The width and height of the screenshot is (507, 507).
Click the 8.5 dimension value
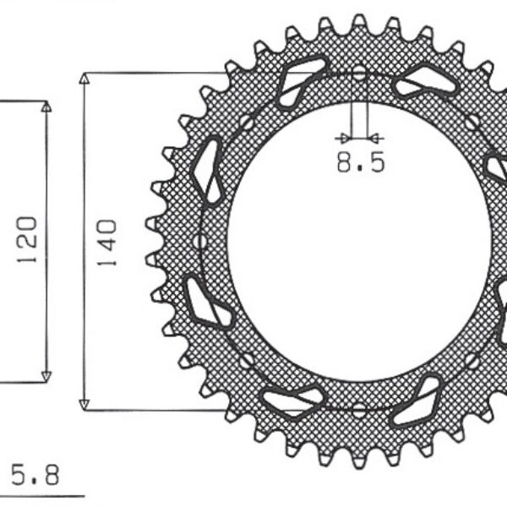(361, 161)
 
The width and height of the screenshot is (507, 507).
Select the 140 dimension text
(108, 243)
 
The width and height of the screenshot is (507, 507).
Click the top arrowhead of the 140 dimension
(84, 79)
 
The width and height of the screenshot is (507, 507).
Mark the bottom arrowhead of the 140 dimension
(84, 405)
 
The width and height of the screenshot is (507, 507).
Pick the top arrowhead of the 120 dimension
(46, 107)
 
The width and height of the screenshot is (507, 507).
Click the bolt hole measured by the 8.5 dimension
(359, 74)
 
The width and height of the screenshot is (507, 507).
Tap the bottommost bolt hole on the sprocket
(359, 411)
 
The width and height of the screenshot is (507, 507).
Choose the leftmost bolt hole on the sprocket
(200, 243)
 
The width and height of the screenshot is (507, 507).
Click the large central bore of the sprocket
(359, 243)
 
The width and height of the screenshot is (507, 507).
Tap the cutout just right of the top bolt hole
(425, 82)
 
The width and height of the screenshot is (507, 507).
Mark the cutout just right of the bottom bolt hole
(419, 401)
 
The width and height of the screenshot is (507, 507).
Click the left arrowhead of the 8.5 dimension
(341, 137)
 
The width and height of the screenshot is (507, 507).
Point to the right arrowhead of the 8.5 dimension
(377, 137)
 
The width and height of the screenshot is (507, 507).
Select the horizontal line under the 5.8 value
(42, 496)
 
